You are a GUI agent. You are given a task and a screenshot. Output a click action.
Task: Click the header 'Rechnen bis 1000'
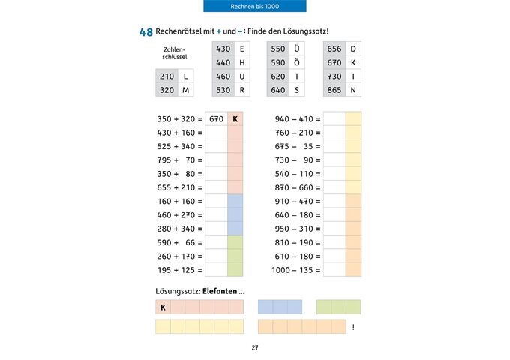255,6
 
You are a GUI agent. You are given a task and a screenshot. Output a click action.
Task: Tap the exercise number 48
145,32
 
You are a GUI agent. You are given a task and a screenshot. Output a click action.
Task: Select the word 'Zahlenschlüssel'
174,52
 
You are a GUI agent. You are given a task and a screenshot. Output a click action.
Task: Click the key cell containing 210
166,76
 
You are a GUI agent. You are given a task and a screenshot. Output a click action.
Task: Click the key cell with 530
223,90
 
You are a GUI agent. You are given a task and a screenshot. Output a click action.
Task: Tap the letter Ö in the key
297,62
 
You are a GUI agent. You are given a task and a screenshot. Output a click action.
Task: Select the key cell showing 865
334,90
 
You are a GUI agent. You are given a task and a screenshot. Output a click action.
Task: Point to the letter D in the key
353,49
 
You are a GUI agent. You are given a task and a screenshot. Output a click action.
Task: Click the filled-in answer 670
217,118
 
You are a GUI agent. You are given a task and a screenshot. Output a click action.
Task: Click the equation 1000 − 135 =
295,269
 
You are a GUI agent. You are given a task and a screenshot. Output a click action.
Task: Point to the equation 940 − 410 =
298,118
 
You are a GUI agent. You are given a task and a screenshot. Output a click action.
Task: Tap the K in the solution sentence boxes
163,307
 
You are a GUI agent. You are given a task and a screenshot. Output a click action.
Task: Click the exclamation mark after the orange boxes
352,327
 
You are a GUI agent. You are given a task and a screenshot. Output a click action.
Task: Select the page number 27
255,347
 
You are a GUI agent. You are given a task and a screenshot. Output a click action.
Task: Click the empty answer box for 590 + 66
217,242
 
